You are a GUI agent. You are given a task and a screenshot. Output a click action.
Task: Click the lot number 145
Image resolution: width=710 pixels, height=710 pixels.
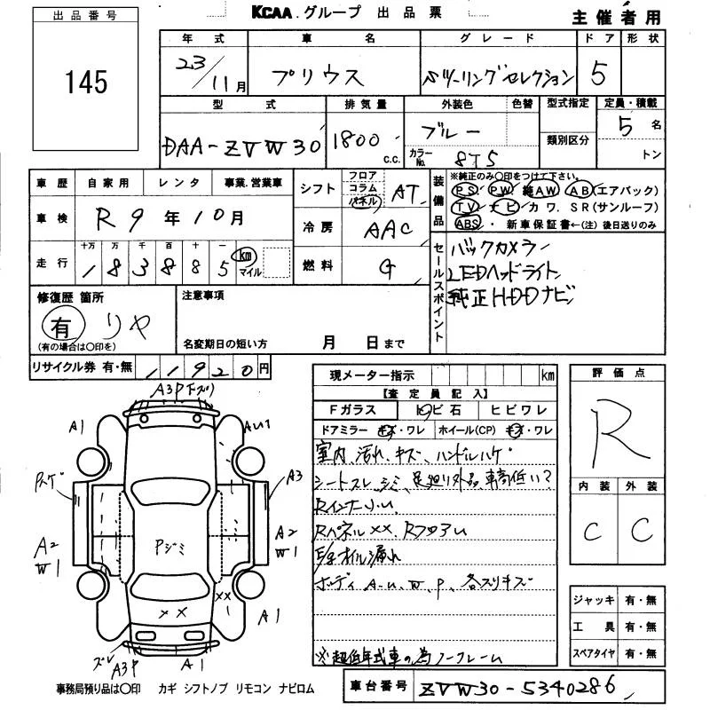[86, 83]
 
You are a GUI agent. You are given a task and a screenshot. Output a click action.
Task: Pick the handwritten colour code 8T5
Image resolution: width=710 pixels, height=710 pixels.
[464, 158]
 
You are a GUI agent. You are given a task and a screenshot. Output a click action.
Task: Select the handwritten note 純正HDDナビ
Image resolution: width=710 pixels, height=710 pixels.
[514, 295]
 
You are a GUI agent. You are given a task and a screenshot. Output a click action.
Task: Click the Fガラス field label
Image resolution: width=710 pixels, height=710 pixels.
[353, 410]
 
